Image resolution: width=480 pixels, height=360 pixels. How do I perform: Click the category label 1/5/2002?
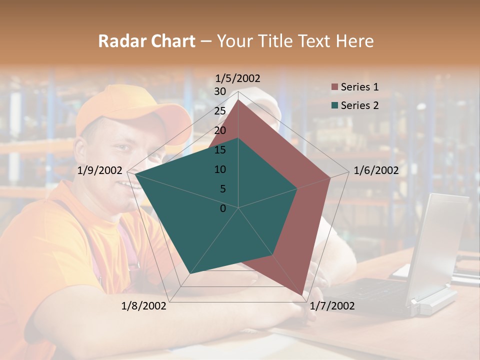point(238,78)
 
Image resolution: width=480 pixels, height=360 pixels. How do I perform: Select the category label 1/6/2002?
point(376,170)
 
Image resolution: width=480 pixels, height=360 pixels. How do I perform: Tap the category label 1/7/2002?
point(332,306)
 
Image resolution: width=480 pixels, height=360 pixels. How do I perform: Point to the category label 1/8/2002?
point(144,306)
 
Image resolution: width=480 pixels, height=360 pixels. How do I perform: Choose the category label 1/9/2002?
point(100,170)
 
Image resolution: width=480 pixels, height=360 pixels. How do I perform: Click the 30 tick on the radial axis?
point(220,91)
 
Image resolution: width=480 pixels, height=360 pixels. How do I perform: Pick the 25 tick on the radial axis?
point(220,111)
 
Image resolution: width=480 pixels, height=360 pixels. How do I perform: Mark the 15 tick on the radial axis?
point(220,150)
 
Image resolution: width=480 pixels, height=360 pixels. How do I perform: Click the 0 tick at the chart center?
point(223,208)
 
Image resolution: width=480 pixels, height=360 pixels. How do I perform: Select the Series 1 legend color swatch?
point(334,87)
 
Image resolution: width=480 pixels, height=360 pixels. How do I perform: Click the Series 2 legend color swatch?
point(334,105)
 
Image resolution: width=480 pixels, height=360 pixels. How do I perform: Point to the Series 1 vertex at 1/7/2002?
point(303,295)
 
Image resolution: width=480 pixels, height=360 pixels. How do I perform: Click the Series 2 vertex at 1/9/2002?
point(135,174)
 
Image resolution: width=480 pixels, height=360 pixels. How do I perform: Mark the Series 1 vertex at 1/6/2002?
point(330,177)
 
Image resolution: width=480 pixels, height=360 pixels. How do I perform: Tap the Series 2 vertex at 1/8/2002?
point(189,274)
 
